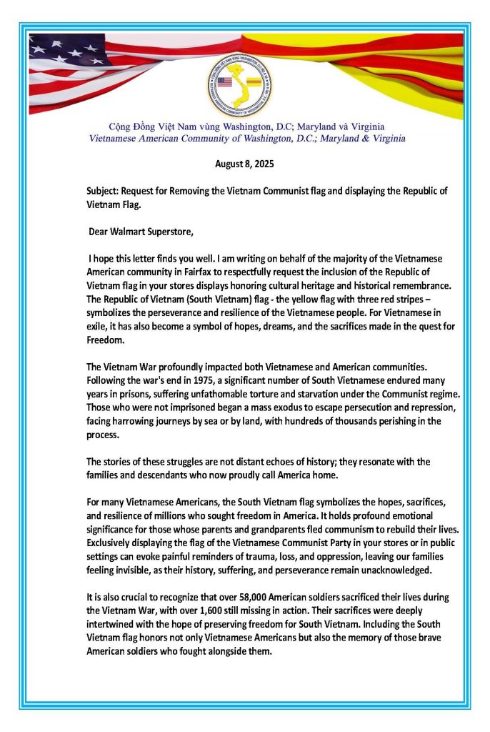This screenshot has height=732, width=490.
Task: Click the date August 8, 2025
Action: pos(245,164)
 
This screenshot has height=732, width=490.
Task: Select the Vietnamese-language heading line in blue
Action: pos(244,124)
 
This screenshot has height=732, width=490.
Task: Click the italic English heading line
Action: pos(242,137)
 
